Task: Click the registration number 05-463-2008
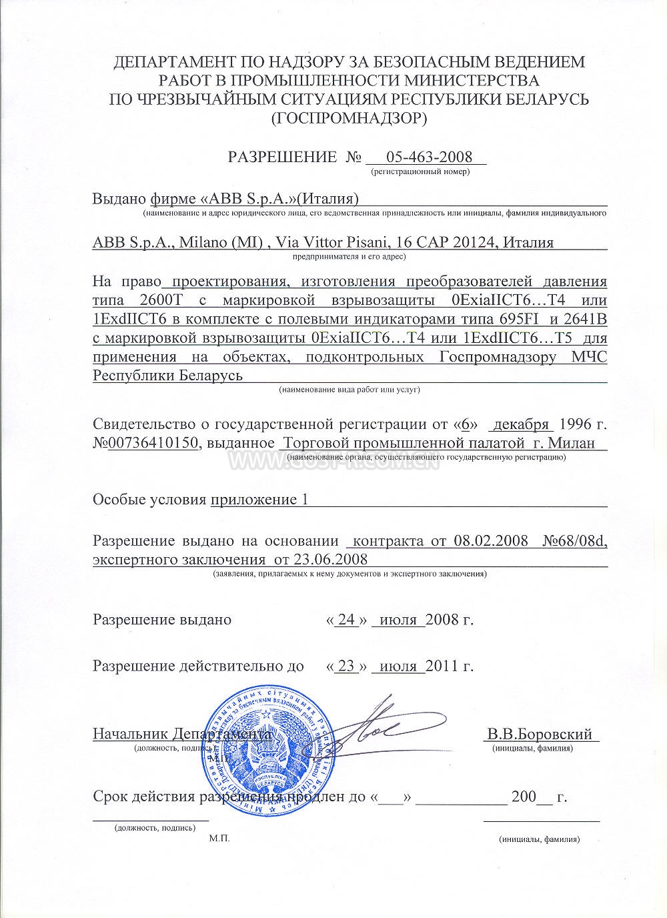tap(429, 157)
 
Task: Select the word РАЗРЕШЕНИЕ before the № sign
tap(282, 157)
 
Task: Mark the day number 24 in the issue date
tap(347, 619)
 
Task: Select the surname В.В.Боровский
tap(540, 735)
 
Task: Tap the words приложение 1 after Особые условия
tap(259, 500)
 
